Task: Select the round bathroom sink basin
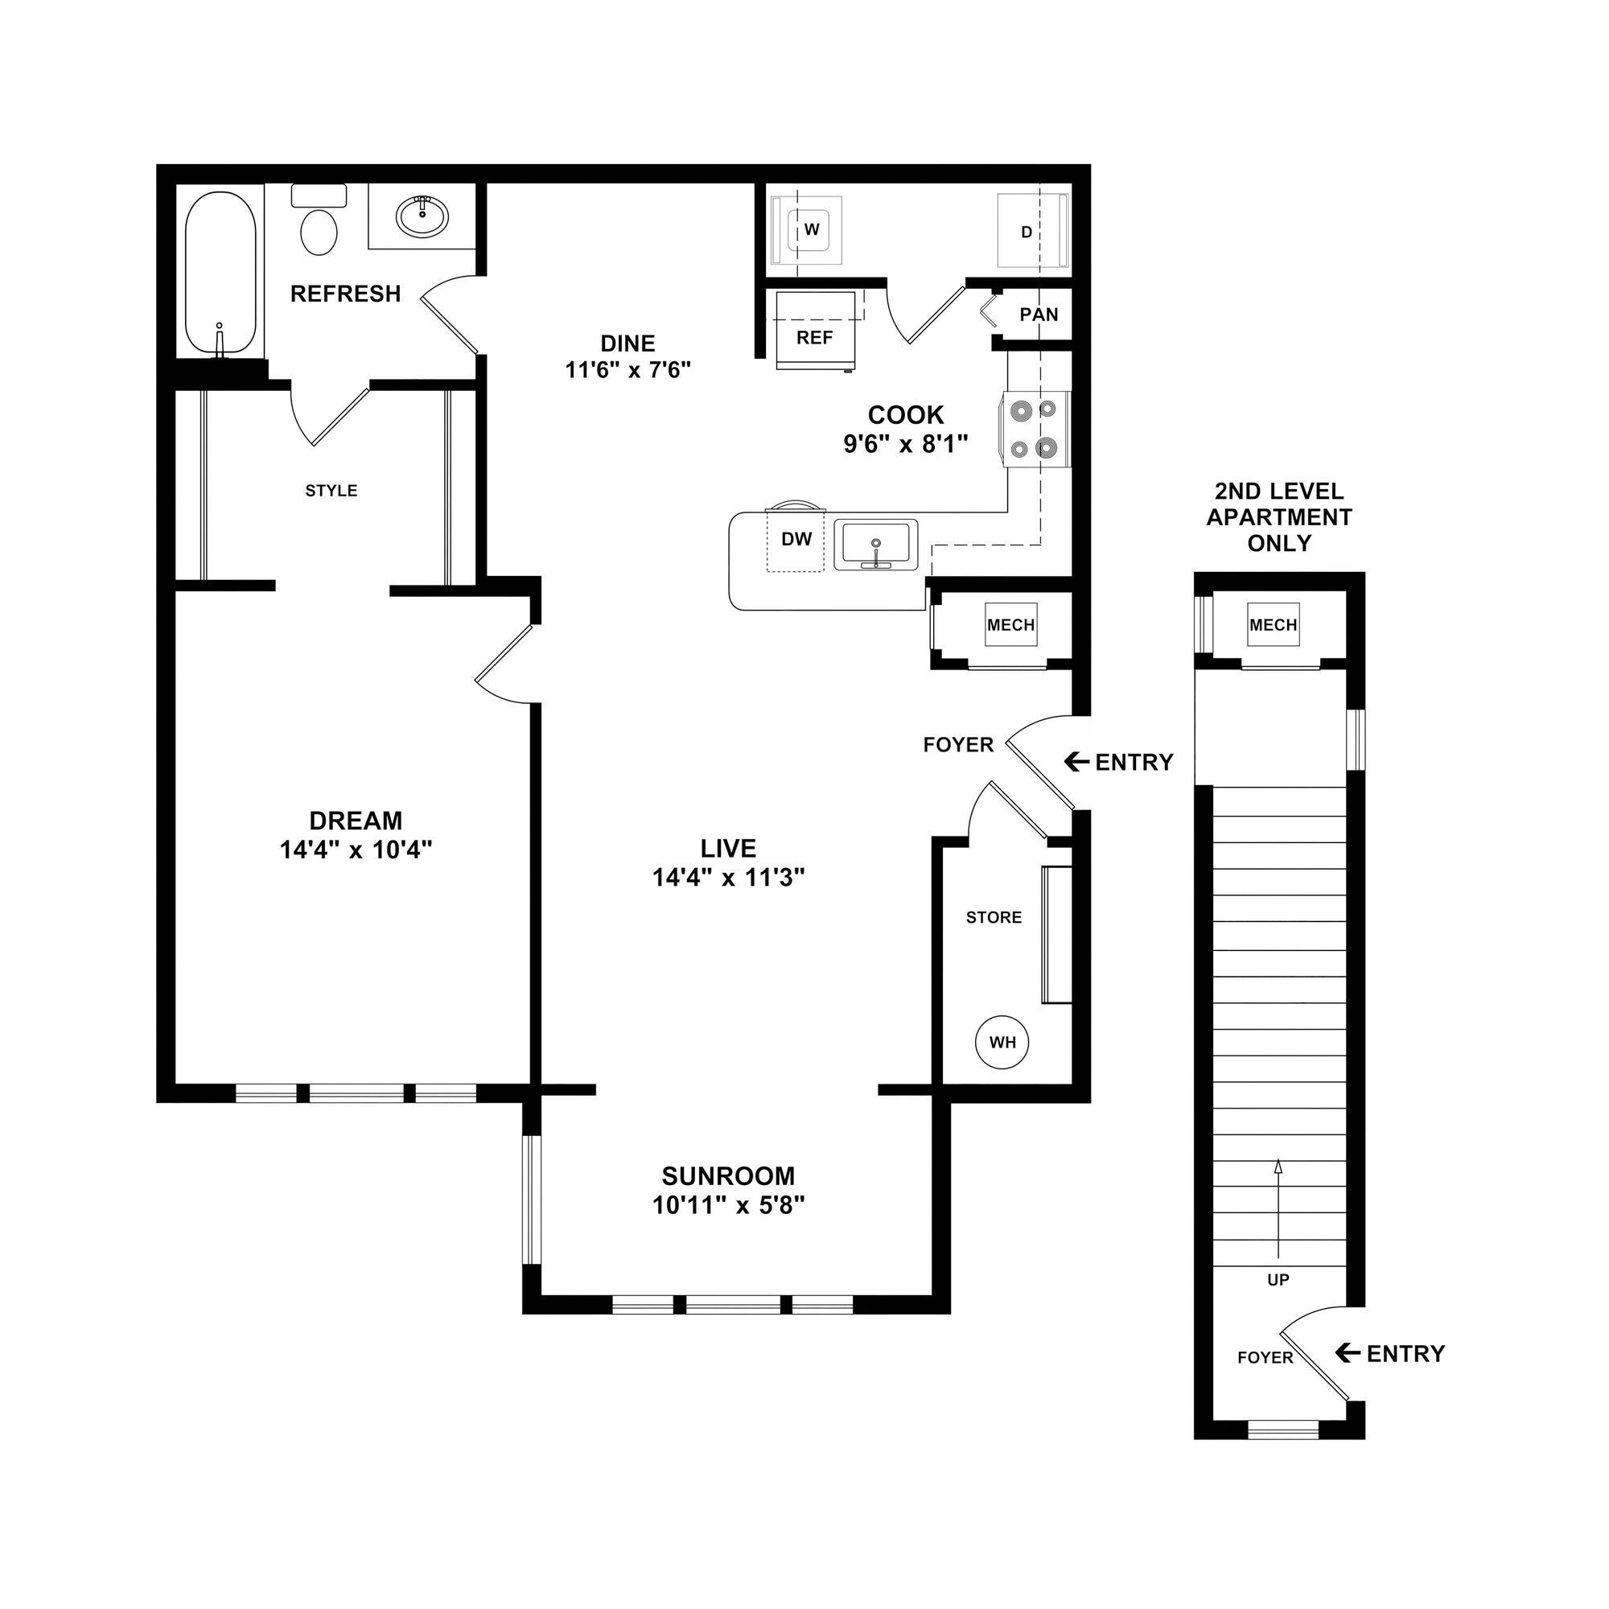click(x=422, y=216)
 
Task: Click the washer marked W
click(x=809, y=231)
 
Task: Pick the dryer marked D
click(x=1030, y=232)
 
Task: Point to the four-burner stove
click(x=1033, y=430)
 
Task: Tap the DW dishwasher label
click(x=796, y=540)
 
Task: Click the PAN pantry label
click(x=1039, y=315)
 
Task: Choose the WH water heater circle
click(x=1002, y=1043)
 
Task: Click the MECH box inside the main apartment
click(x=1010, y=625)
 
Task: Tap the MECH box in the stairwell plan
click(x=1273, y=625)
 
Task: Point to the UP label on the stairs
click(x=1278, y=1280)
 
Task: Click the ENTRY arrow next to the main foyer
click(x=1078, y=762)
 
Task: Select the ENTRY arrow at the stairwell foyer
click(x=1348, y=1354)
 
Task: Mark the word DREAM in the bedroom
click(x=356, y=821)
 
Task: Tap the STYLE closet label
click(x=331, y=492)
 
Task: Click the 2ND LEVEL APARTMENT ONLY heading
click(x=1279, y=517)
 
